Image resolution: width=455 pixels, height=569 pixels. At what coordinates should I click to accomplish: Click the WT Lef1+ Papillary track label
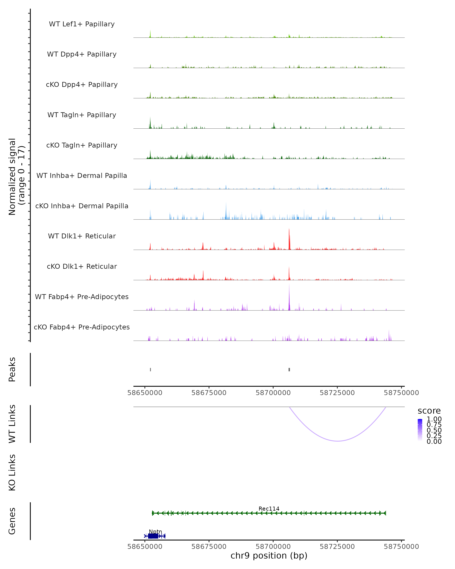click(82, 24)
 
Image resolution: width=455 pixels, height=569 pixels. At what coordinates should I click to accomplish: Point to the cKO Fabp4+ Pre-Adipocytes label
click(82, 327)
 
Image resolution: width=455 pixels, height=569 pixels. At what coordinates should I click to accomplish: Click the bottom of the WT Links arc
click(338, 441)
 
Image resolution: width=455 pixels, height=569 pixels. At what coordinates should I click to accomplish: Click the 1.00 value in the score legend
click(434, 419)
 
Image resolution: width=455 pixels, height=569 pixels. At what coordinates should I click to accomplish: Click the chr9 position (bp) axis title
click(269, 556)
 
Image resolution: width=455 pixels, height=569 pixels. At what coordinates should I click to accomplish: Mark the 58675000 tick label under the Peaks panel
click(209, 393)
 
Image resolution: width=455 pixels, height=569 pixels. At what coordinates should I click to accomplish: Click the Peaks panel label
click(12, 369)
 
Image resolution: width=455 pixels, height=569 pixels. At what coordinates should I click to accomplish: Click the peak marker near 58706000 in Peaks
click(289, 369)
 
